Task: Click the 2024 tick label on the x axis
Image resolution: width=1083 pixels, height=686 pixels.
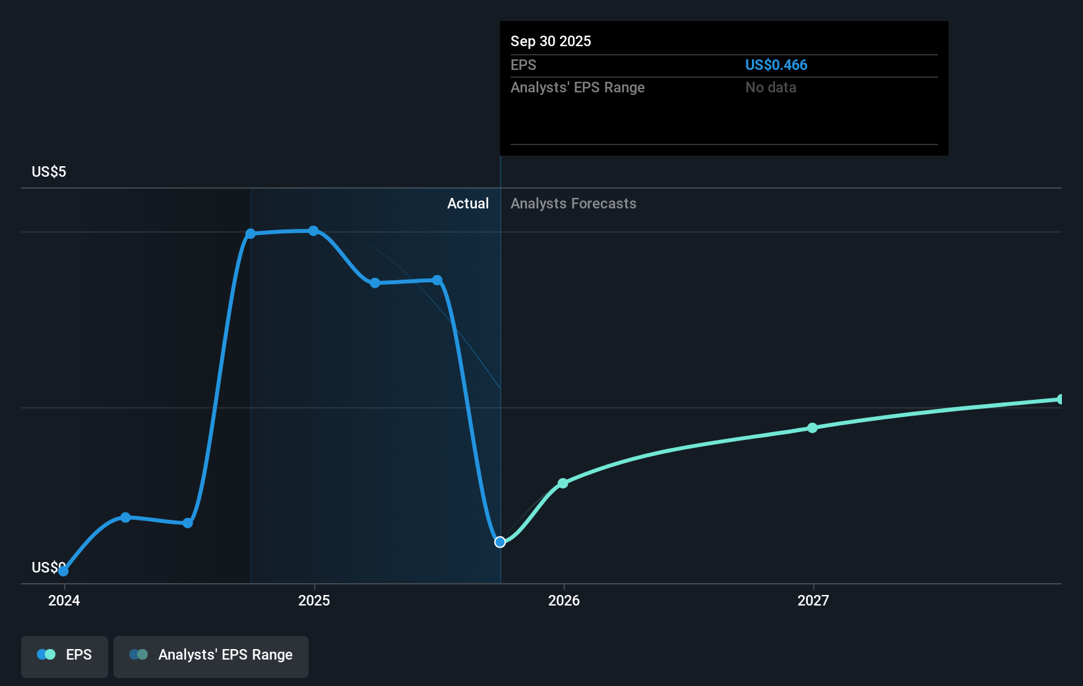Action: point(64,600)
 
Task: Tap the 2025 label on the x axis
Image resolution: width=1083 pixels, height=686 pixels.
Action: point(314,600)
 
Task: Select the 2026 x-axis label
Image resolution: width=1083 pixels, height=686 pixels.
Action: point(564,600)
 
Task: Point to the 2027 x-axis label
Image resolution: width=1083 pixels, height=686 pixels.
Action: point(813,600)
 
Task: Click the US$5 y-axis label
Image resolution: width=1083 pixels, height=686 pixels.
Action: point(49,171)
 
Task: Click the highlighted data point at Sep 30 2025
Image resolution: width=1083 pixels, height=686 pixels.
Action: point(500,542)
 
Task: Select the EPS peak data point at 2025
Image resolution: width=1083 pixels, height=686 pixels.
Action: point(313,231)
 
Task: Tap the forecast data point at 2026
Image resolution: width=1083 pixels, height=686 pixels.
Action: point(563,483)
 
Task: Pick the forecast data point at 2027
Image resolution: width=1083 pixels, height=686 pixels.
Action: point(813,428)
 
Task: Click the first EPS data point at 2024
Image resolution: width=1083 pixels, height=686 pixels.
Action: point(63,571)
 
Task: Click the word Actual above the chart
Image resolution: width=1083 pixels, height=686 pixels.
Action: point(468,203)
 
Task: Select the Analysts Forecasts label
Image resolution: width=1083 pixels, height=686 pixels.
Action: point(573,203)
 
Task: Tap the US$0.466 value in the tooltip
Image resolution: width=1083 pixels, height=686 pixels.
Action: point(776,65)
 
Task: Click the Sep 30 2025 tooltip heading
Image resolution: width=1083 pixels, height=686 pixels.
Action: point(551,41)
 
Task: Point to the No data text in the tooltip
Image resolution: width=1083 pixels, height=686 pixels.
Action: point(770,87)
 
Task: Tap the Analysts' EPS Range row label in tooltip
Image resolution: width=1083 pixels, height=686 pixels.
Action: point(577,87)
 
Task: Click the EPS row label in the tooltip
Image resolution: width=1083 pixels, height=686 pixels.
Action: point(523,65)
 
